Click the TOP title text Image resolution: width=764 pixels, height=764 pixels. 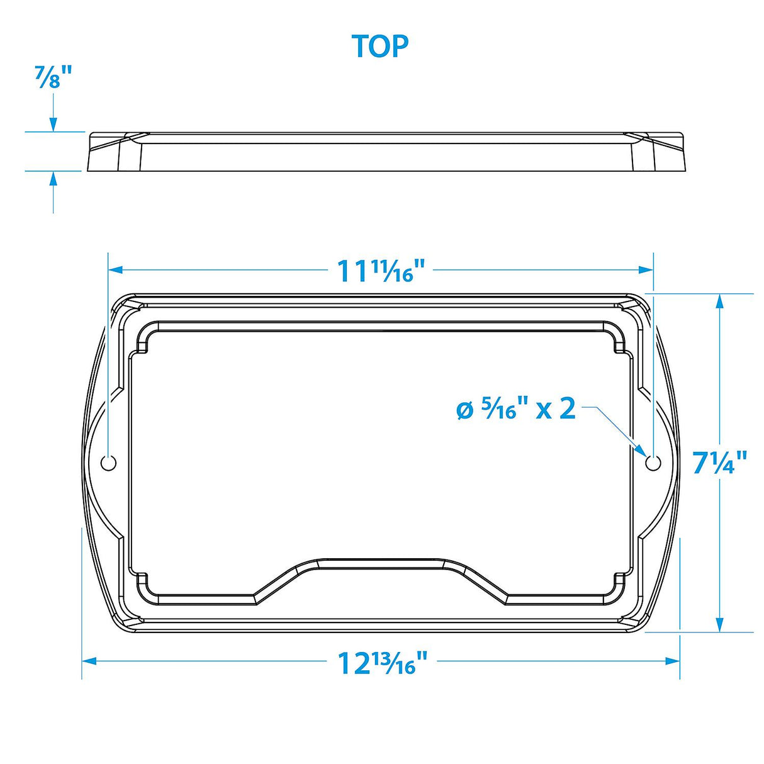click(380, 46)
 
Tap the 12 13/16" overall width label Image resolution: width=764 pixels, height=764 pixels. click(383, 662)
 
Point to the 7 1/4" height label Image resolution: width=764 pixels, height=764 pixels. click(720, 463)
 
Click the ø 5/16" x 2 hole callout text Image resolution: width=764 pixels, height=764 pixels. click(515, 409)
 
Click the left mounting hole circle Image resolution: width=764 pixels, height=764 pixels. click(109, 463)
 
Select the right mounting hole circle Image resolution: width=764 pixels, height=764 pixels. click(653, 463)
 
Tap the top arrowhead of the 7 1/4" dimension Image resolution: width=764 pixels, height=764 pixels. click(719, 302)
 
